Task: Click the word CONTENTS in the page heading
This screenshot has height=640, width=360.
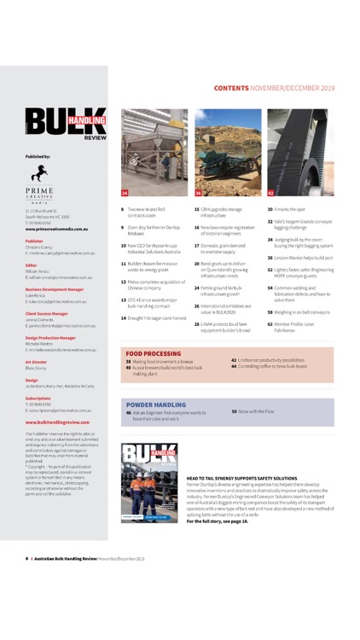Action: coord(231,88)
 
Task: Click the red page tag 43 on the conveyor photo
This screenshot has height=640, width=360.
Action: coord(272,193)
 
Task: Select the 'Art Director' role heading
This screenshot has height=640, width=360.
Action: coord(37,363)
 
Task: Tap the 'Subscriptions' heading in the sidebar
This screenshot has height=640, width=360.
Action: coord(38,398)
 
